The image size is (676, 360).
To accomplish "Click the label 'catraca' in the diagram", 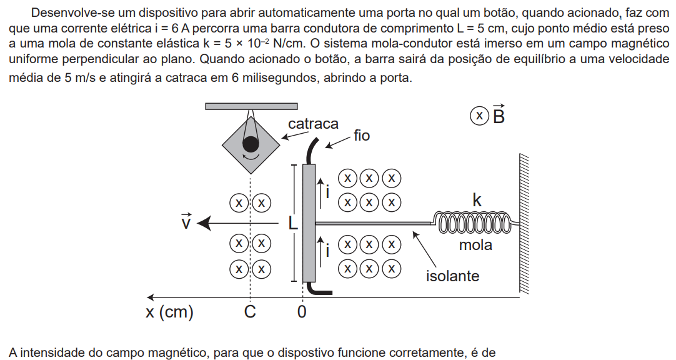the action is (313, 124).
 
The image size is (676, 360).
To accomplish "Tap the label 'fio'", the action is (362, 136).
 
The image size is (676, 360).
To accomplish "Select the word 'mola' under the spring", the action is (475, 245).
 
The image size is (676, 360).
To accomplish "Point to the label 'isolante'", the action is (453, 276).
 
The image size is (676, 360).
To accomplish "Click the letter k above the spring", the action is (477, 201).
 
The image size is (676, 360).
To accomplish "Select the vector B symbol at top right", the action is (499, 114).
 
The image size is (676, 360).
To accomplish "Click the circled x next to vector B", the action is (479, 116).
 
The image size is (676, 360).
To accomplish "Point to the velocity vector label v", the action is (186, 221).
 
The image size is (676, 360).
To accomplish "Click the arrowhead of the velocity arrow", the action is (204, 223).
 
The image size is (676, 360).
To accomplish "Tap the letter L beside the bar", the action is (293, 223).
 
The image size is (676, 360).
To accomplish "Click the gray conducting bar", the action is (309, 223).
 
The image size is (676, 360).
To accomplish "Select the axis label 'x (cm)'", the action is (169, 311).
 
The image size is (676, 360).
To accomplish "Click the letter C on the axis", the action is (250, 311).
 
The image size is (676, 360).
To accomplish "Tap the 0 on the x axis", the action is (302, 311).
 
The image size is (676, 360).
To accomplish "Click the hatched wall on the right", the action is (524, 223).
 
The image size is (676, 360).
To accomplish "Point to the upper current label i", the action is (327, 192).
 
